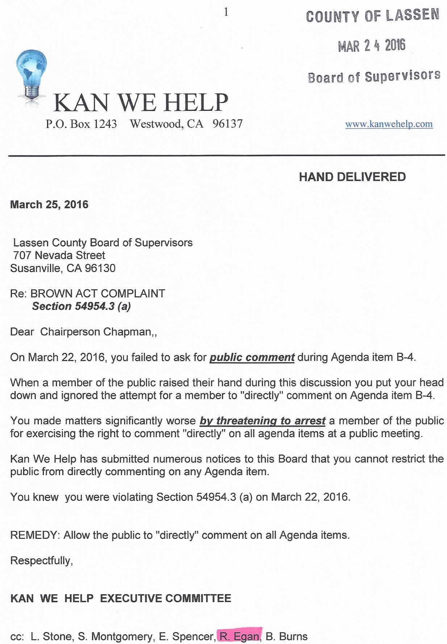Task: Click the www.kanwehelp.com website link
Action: tap(389, 124)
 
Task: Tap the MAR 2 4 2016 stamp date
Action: tap(371, 46)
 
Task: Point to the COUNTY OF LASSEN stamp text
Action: tap(372, 16)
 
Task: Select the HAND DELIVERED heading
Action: tap(352, 177)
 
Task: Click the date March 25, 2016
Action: tap(49, 205)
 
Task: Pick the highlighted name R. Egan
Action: tap(239, 636)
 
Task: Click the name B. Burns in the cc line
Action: tap(287, 636)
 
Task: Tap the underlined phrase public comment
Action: tap(252, 357)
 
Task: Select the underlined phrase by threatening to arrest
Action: tap(262, 421)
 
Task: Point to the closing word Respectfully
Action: tap(41, 561)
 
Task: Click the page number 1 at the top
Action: tap(226, 12)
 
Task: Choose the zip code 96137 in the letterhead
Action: tap(227, 124)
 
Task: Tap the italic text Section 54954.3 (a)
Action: tap(81, 306)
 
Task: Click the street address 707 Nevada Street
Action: tap(59, 255)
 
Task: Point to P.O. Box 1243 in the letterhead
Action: tap(81, 124)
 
